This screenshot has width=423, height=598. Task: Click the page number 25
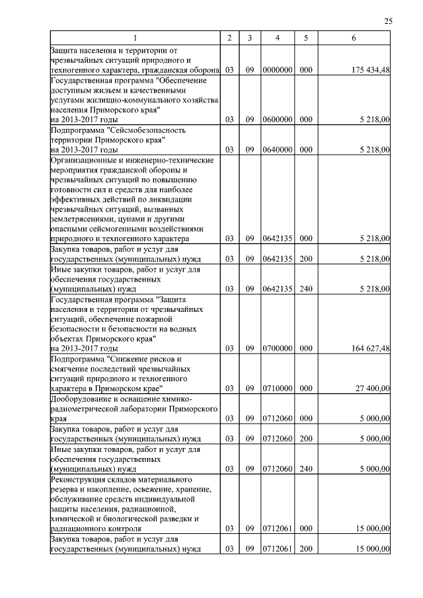click(388, 21)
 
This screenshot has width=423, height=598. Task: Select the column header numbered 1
click(136, 38)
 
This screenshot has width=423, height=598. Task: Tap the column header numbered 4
click(278, 38)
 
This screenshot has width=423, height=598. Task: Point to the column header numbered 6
click(354, 38)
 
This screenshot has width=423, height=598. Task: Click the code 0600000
click(278, 120)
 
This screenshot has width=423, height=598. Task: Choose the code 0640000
click(278, 150)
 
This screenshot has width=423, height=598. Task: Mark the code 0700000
click(278, 348)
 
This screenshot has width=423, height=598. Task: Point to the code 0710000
click(278, 389)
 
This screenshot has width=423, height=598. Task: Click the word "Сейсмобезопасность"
click(145, 130)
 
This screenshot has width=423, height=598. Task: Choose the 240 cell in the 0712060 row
click(306, 468)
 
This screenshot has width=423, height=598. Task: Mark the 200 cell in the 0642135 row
click(306, 259)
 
